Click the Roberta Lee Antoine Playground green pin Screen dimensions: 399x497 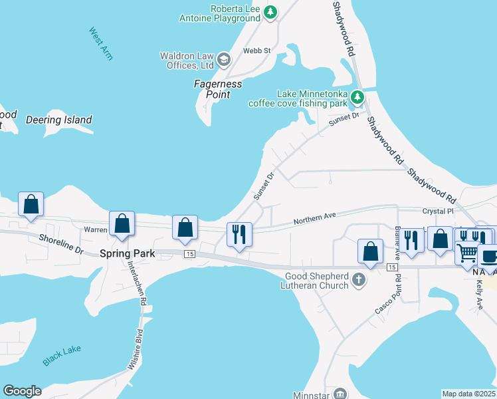[270, 11]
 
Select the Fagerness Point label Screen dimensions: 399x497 [218, 89]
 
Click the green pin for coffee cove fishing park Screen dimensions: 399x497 [357, 98]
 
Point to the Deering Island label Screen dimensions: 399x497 [58, 120]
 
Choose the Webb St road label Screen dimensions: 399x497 [257, 50]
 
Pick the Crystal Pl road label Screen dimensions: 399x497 [437, 211]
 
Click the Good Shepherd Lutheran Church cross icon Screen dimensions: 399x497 [359, 279]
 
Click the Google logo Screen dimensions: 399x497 [22, 391]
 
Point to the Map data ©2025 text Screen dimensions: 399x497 [469, 394]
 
